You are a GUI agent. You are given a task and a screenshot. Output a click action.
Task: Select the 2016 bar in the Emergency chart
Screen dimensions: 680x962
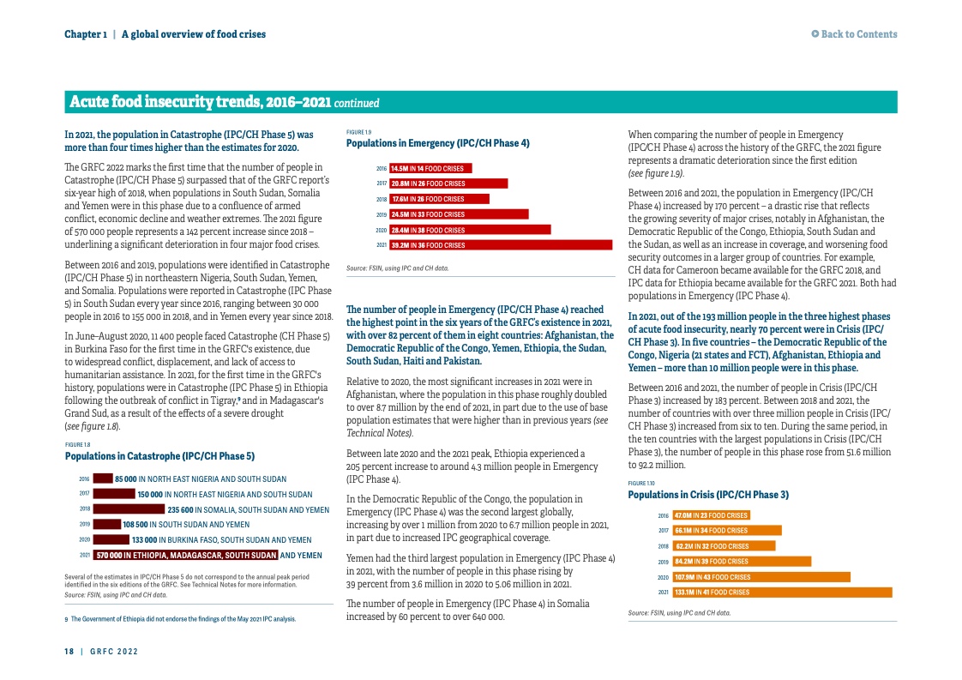tap(431, 168)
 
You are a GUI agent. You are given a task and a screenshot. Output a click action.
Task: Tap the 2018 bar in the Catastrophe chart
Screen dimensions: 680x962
tap(129, 509)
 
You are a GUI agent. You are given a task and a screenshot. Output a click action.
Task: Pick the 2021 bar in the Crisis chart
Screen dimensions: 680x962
tap(782, 592)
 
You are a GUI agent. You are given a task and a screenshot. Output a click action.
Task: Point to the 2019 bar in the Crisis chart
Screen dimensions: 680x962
tap(742, 562)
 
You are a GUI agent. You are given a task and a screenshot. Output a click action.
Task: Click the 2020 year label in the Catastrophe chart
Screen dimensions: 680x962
tap(84, 540)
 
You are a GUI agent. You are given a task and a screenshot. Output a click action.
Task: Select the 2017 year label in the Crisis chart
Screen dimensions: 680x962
tap(663, 531)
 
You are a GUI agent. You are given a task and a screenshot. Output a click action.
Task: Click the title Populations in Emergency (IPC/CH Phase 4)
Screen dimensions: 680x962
tap(437, 143)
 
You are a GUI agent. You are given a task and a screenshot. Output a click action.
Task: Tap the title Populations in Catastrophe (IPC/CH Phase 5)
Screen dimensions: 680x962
tap(159, 456)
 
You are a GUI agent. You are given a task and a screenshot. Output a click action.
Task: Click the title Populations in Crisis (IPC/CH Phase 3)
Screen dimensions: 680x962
tap(708, 495)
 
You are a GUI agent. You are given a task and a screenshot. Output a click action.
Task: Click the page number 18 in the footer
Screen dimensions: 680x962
tap(69, 652)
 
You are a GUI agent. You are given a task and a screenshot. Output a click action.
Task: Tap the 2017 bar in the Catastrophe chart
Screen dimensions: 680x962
tap(114, 494)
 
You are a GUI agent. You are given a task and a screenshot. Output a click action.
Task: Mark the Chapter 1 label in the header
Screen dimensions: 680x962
tap(86, 34)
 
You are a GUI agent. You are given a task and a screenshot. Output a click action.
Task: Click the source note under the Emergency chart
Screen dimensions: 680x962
tap(397, 268)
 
